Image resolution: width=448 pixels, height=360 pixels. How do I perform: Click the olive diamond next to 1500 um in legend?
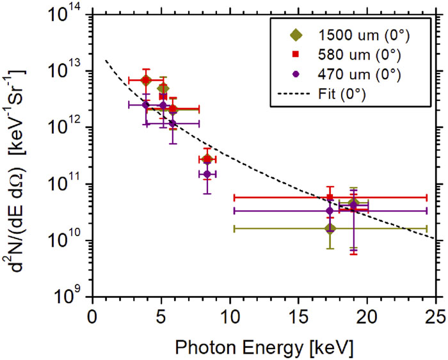point(296,35)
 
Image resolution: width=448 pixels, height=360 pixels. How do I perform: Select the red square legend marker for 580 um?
point(296,54)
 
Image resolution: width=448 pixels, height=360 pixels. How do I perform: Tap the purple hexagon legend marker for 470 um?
point(296,74)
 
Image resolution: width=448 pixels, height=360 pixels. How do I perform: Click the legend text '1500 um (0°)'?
point(364,35)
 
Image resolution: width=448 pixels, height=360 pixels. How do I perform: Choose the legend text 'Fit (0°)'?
point(342,93)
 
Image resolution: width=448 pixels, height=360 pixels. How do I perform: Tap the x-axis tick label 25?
point(435,317)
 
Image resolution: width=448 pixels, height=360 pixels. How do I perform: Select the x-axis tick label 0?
point(92,317)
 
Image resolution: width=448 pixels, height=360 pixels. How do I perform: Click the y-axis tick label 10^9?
point(70,295)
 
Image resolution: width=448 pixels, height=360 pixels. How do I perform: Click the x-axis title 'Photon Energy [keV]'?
point(264,348)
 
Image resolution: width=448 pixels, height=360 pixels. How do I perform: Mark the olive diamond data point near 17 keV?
point(330,228)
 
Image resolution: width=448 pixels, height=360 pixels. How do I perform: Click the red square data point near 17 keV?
point(330,197)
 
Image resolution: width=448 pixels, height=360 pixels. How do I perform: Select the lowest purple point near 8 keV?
point(207,174)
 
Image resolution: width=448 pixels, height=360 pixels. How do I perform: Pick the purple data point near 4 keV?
point(146,105)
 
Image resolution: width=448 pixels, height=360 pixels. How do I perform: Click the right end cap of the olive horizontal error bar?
point(427,229)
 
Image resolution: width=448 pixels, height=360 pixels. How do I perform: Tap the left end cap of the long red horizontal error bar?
point(234,198)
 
